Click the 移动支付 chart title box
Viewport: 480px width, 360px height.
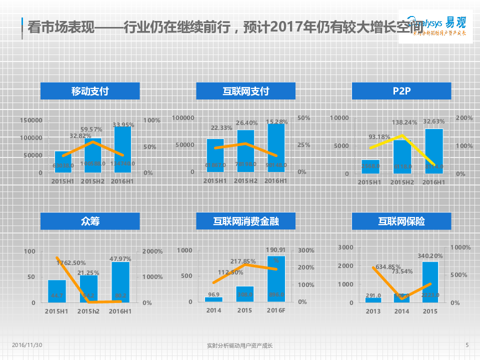point(90,91)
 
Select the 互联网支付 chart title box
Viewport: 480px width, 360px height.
point(245,91)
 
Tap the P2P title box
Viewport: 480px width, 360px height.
point(401,91)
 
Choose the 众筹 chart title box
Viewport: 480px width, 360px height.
point(90,220)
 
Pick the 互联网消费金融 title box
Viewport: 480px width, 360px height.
point(245,220)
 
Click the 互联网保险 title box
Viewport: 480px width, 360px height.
point(401,220)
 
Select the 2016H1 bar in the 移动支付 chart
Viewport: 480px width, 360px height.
point(122,150)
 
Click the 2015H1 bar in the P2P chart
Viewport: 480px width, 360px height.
point(370,166)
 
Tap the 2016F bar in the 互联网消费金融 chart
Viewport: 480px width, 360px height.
point(276,279)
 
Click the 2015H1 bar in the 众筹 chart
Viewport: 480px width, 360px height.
point(57,291)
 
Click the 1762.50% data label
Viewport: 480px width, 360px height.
point(71,262)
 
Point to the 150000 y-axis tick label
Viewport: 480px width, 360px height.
point(31,120)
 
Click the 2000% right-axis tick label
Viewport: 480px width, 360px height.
point(152,251)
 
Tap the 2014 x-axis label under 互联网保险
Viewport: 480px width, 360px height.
point(401,311)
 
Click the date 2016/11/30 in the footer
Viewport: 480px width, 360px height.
point(27,345)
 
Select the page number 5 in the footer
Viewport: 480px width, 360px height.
point(467,345)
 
